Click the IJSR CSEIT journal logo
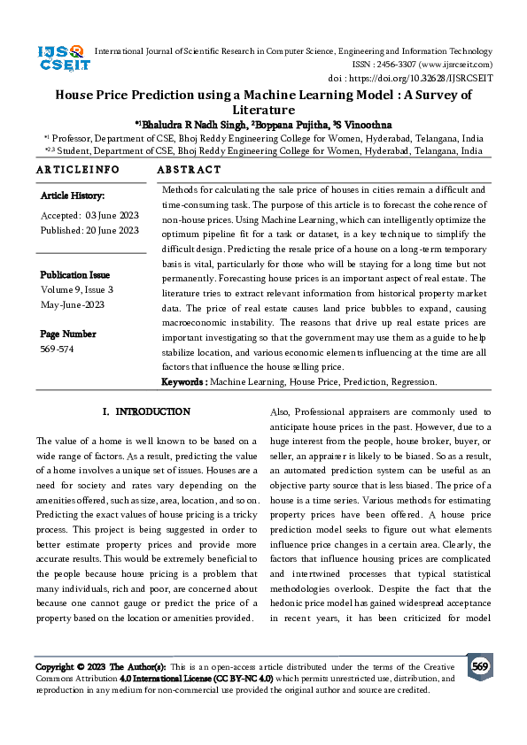coord(61,58)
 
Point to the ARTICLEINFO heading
coord(78,169)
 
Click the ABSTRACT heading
coord(189,169)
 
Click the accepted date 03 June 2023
coord(111,215)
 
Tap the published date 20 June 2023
coord(112,230)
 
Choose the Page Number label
coord(68,334)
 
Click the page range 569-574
coord(58,349)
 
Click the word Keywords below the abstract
coord(183,382)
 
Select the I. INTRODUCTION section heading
coord(146,412)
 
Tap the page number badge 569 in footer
coord(480,666)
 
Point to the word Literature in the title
coord(263,111)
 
